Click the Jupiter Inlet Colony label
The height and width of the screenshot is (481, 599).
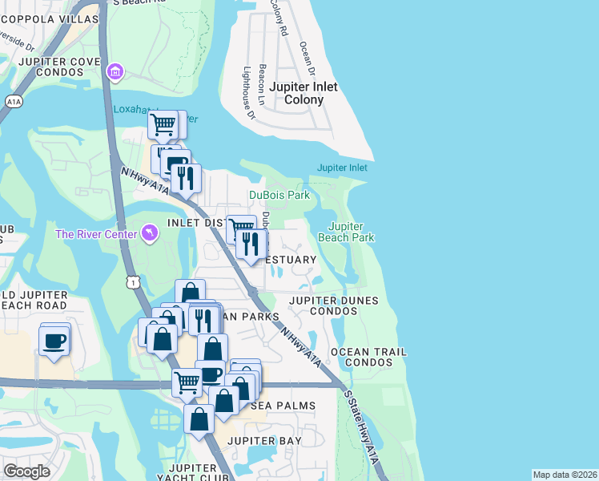(303, 93)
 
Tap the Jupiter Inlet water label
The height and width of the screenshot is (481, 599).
(342, 168)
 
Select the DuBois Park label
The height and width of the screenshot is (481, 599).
(279, 195)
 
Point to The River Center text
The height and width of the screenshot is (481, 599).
(94, 233)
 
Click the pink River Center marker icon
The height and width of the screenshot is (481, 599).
(149, 232)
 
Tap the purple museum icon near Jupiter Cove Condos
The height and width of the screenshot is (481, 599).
(115, 73)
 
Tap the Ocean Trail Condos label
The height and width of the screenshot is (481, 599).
(369, 357)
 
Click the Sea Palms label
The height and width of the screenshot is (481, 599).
(283, 406)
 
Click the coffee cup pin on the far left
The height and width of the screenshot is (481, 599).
(54, 342)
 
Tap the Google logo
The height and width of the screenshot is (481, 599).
(26, 471)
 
